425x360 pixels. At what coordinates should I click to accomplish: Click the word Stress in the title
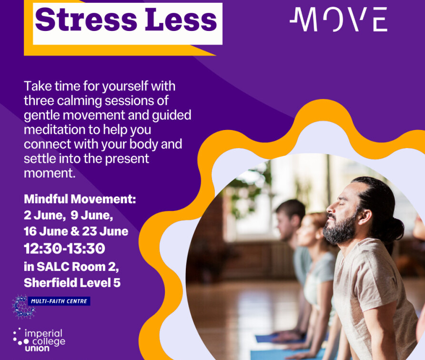86,20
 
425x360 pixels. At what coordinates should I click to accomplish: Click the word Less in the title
181,20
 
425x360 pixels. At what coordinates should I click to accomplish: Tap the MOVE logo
339,19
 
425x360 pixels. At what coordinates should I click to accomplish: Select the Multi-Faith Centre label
59,301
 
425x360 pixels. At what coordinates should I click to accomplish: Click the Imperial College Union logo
39,340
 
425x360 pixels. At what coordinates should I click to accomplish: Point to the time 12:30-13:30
64,249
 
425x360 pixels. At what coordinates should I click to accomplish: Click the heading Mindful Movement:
80,199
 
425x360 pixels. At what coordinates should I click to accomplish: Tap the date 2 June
44,215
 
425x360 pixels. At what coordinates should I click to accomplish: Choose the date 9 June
91,215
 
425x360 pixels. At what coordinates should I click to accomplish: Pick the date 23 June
105,231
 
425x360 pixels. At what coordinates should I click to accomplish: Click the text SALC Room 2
78,267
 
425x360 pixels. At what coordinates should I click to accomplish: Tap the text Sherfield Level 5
72,283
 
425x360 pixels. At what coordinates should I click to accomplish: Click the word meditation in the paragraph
54,130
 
